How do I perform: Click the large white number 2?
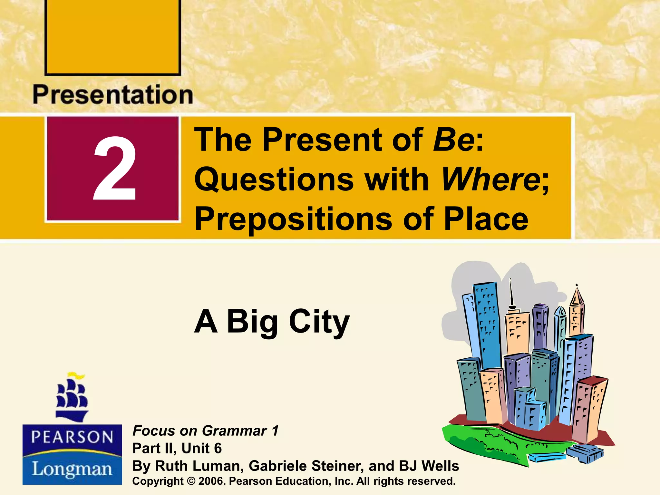point(114,169)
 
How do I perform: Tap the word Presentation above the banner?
point(113,95)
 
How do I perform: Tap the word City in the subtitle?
point(319,322)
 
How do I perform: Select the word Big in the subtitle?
point(252,322)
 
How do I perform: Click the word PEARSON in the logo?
point(72,438)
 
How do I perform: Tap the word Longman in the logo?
point(72,469)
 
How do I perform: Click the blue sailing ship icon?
point(72,398)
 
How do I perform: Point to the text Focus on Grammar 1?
point(205,431)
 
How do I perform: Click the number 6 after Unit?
point(218,448)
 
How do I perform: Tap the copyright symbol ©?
point(191,481)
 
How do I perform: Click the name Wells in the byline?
point(440,466)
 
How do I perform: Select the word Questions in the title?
point(274,180)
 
